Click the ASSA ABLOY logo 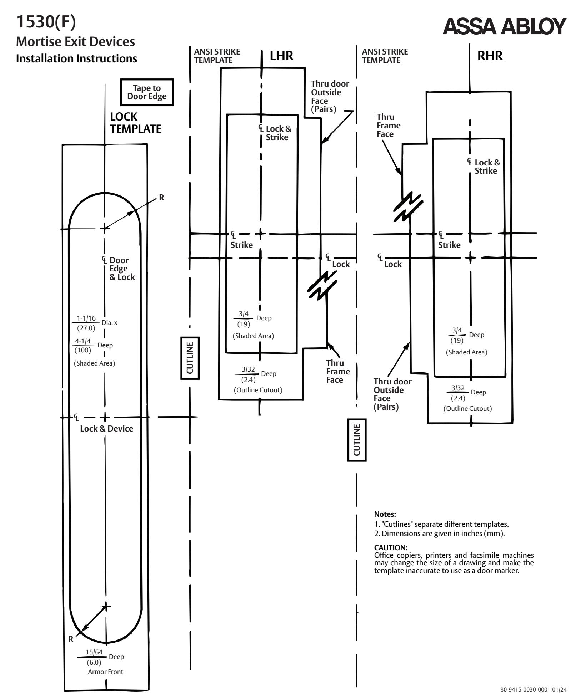(x=504, y=26)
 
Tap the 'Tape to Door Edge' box (x=147, y=92)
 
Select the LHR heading (x=281, y=56)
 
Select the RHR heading (x=490, y=56)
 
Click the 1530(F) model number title (x=46, y=22)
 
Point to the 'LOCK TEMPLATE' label (x=136, y=123)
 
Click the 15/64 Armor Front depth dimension (x=101, y=662)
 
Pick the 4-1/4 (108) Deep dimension (x=93, y=345)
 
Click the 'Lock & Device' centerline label (x=106, y=428)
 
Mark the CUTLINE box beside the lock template (x=190, y=358)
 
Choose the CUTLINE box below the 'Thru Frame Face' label (x=357, y=440)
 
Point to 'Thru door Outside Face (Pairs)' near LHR (x=330, y=96)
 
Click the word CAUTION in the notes (x=391, y=547)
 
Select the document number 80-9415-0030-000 (x=524, y=689)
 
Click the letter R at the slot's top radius (x=161, y=198)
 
